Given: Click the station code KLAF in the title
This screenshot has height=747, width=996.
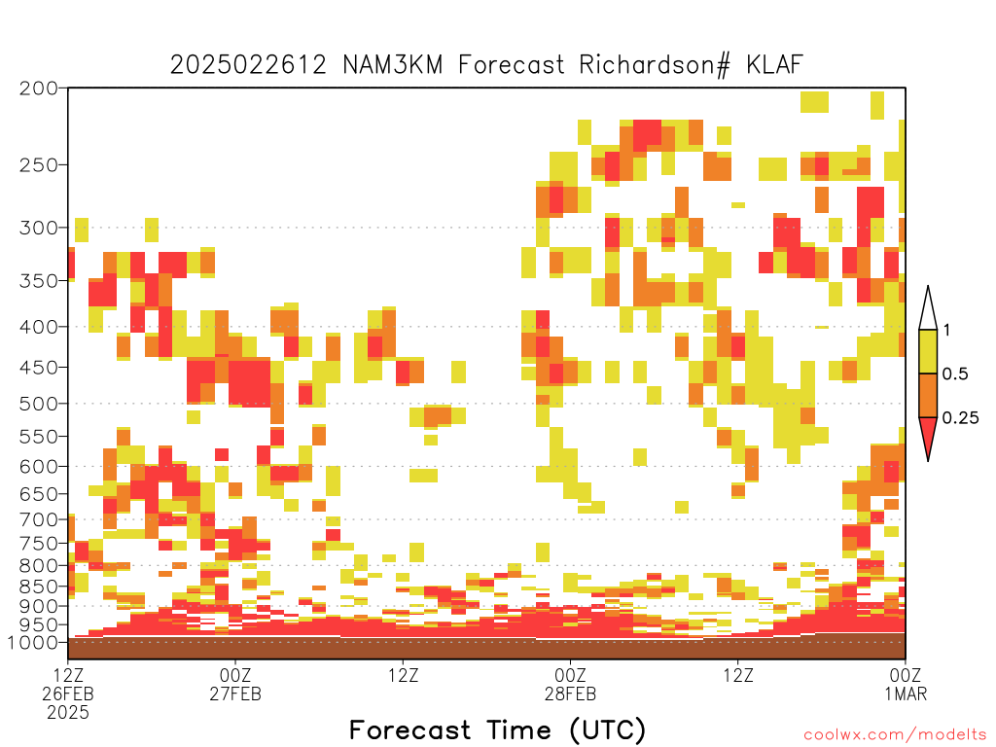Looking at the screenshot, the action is click(x=774, y=65).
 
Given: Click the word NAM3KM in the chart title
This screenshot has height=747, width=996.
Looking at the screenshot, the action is click(x=393, y=65).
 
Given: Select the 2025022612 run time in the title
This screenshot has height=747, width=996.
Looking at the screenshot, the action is click(x=248, y=65).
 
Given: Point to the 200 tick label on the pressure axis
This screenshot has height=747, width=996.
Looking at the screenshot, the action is click(x=39, y=89).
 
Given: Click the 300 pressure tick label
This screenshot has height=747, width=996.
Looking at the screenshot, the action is click(x=39, y=228).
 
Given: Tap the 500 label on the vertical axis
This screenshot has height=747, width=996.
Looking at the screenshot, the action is click(x=39, y=404).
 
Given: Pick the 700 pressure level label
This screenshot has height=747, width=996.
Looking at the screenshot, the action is click(x=39, y=519).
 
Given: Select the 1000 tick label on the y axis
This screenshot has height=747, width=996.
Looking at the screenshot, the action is click(x=33, y=642).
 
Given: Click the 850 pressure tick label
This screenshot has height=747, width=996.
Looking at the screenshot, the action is click(x=39, y=586).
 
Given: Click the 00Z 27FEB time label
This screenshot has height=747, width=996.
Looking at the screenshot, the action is click(x=235, y=684).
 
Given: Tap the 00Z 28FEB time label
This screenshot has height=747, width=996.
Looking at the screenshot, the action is click(x=570, y=684).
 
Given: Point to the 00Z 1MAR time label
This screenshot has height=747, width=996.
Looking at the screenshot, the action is click(x=906, y=684).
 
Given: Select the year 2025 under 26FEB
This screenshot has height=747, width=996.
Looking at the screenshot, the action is click(x=68, y=713).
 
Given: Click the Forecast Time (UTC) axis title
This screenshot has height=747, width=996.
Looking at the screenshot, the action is click(x=497, y=729).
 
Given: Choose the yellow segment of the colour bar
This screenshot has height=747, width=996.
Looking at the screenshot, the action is click(x=928, y=351).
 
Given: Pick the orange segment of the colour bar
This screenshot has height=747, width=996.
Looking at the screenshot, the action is click(x=928, y=395).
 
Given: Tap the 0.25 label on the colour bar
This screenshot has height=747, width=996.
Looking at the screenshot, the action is click(x=960, y=417).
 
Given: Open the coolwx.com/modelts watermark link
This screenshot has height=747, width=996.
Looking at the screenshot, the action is click(x=896, y=735).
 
